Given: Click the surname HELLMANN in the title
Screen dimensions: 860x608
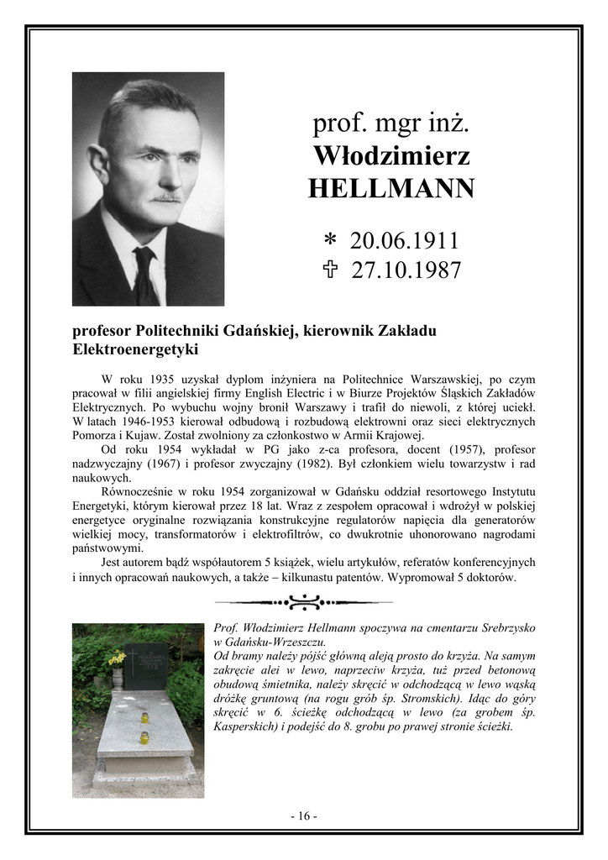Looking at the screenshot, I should (x=391, y=188).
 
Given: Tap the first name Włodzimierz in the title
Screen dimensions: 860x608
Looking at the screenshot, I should (x=391, y=156).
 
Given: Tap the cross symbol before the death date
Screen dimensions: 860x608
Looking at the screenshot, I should (x=330, y=270).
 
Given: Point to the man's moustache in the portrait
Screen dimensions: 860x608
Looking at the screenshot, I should (x=167, y=198).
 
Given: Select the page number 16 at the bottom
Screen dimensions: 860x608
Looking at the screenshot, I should (x=303, y=815).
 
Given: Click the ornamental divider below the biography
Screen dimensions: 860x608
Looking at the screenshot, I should (x=303, y=601).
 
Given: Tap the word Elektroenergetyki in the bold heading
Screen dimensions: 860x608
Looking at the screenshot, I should (x=135, y=348).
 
